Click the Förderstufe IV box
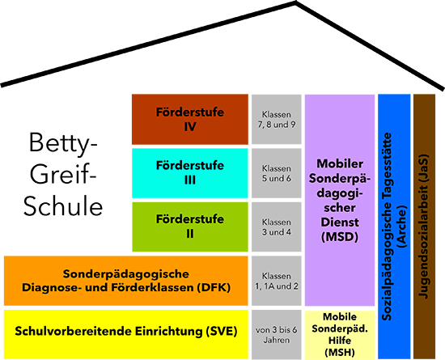point(190,120)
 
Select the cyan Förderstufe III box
point(190,173)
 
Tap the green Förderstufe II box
point(190,227)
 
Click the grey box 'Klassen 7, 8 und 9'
point(277,120)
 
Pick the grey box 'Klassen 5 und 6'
point(277,173)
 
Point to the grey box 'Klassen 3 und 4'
point(277,227)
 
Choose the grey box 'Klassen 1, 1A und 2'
point(277,281)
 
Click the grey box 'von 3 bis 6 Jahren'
point(277,335)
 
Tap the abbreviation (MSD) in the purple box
point(340,236)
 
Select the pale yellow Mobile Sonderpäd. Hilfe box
point(340,335)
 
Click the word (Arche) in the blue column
point(402,226)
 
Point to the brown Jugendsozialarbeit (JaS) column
point(424,227)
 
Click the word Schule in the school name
point(63,205)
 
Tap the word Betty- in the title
point(63,144)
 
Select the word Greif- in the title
point(63,174)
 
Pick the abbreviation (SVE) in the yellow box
point(222,331)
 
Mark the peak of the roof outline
point(295,2)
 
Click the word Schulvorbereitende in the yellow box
point(73,331)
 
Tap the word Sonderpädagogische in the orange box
point(125,274)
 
